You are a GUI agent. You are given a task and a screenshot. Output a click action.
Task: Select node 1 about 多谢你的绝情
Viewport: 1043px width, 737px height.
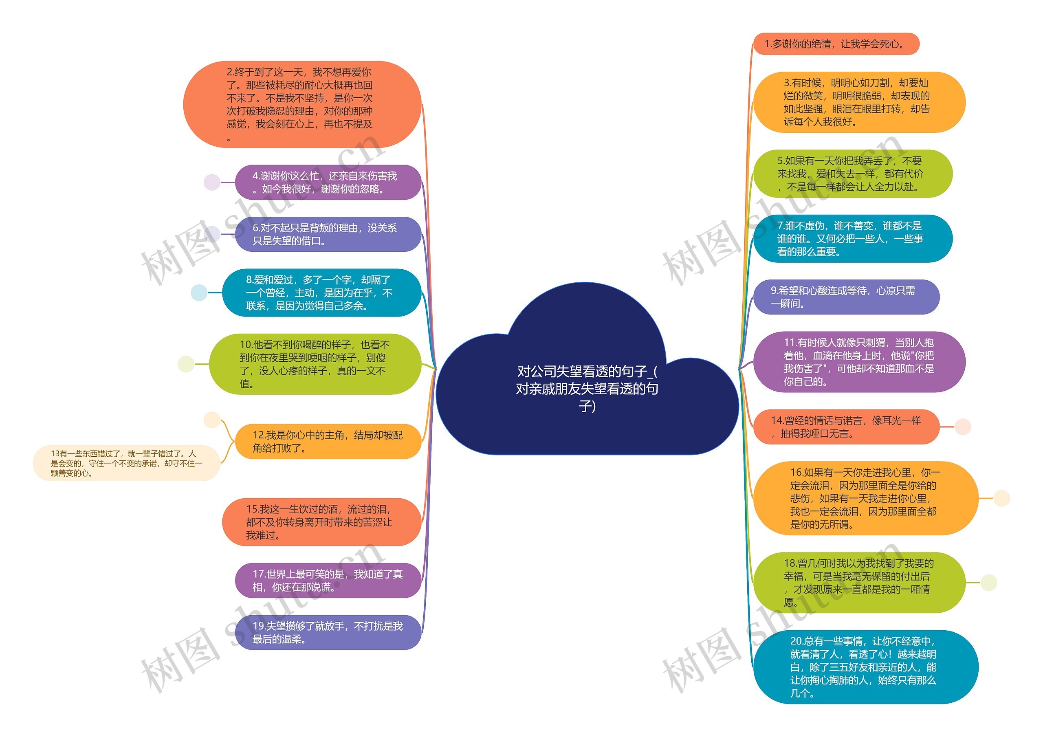836,44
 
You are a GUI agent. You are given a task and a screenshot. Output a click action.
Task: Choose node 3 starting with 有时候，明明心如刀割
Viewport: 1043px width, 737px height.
858,102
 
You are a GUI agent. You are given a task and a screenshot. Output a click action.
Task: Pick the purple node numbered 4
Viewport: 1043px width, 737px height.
328,182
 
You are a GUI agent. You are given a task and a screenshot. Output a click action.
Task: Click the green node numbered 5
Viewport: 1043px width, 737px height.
852,174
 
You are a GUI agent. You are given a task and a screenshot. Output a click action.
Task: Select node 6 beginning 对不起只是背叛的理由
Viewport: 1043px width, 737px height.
328,234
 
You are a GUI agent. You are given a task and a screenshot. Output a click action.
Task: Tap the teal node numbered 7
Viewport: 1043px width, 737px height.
852,239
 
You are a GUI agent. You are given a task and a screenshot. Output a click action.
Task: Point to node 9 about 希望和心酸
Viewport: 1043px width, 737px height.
846,297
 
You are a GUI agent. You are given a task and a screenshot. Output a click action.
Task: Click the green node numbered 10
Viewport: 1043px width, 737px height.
315,364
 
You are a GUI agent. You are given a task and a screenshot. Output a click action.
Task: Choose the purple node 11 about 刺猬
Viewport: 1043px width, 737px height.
858,362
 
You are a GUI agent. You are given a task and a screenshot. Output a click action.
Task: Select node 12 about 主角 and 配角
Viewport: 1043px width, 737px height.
328,442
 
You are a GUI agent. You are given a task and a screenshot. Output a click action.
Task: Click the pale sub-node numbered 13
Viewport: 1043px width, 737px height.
126,463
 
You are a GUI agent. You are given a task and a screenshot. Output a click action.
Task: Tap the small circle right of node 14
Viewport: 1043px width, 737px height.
963,427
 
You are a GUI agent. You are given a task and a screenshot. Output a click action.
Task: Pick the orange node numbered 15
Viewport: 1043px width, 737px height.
321,522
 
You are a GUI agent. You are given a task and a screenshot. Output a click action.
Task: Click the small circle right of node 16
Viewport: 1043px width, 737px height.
1001,498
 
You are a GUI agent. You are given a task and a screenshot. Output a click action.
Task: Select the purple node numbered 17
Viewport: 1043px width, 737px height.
328,581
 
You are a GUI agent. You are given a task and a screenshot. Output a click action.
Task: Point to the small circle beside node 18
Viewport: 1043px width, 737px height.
988,583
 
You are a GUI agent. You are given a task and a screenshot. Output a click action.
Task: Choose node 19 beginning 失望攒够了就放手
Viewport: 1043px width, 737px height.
328,632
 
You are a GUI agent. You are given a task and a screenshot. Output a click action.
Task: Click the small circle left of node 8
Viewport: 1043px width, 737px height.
198,293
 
